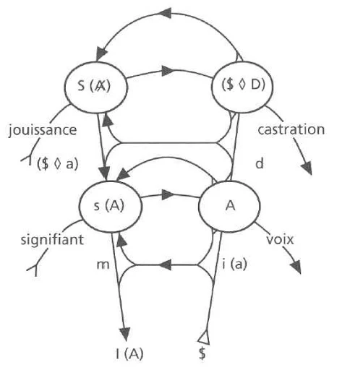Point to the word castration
click(291, 130)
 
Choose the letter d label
click(258, 163)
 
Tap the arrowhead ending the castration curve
click(307, 168)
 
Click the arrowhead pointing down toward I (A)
click(126, 332)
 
